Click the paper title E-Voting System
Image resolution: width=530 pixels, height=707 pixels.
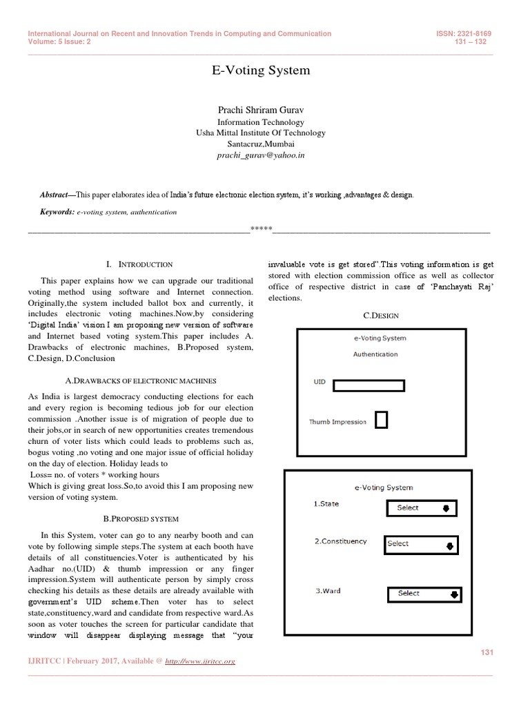[260, 70]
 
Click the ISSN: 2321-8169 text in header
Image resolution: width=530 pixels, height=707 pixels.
[462, 34]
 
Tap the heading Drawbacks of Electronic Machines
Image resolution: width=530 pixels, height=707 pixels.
[140, 380]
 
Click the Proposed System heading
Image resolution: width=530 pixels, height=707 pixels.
[140, 519]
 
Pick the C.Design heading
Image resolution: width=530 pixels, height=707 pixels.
[382, 316]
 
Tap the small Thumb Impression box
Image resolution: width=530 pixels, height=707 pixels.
[381, 419]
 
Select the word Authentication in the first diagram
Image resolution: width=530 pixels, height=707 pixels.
[375, 354]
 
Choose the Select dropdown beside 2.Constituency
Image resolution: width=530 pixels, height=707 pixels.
[422, 544]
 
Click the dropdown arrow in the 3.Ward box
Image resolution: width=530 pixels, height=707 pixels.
[454, 593]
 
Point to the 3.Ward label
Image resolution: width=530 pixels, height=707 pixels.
[328, 591]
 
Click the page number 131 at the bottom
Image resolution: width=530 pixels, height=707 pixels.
[487, 652]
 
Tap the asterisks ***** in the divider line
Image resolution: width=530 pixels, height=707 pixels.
[261, 229]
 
